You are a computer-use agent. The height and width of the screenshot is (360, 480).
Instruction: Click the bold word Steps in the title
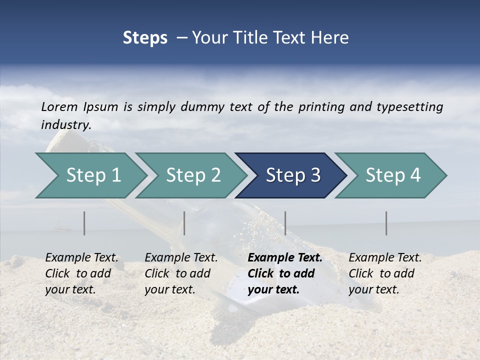tap(145, 38)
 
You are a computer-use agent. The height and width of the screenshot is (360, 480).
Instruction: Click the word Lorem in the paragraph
tap(59, 106)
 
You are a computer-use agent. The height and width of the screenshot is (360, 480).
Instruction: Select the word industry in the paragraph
tap(65, 125)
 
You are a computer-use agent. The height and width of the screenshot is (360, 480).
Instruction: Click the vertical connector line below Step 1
tap(84, 223)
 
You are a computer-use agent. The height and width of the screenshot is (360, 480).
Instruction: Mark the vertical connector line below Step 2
tap(184, 223)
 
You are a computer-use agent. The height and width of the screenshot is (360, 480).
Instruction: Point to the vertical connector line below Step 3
tap(285, 223)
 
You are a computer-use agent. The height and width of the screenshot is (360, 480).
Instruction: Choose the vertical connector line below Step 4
tap(386, 223)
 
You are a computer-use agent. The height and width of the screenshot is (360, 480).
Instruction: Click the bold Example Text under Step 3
tap(285, 258)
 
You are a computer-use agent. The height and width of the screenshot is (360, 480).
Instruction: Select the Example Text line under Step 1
tap(81, 258)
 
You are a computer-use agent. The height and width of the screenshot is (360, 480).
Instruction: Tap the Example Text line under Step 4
tap(385, 258)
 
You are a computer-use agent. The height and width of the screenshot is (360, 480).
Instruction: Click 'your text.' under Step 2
tap(169, 289)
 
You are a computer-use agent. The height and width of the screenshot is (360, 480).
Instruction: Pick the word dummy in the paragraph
tap(204, 107)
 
